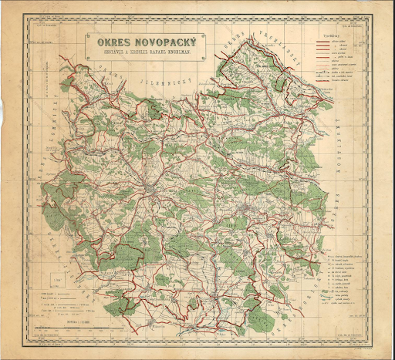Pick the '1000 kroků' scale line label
[x=46, y=294]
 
